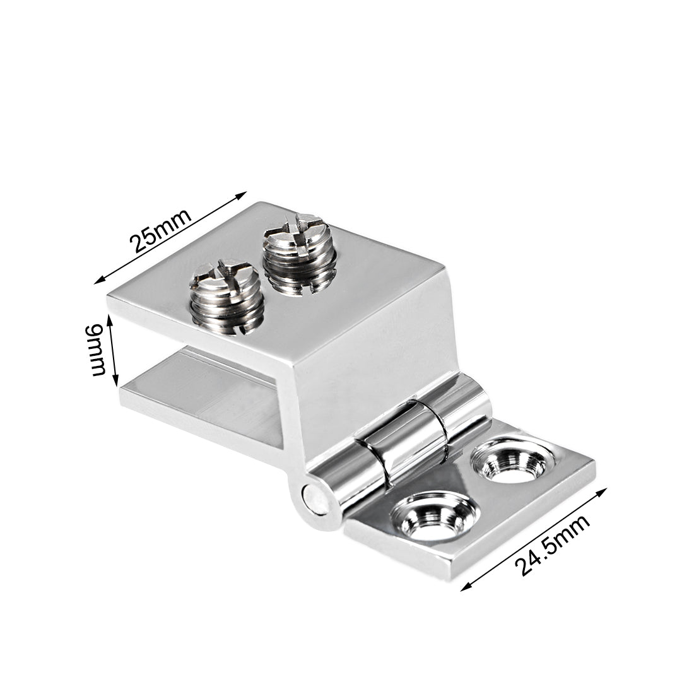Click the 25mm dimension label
160,230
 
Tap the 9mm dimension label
96,350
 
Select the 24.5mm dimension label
552,546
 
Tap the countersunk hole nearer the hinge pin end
435,517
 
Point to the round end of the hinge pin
315,499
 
